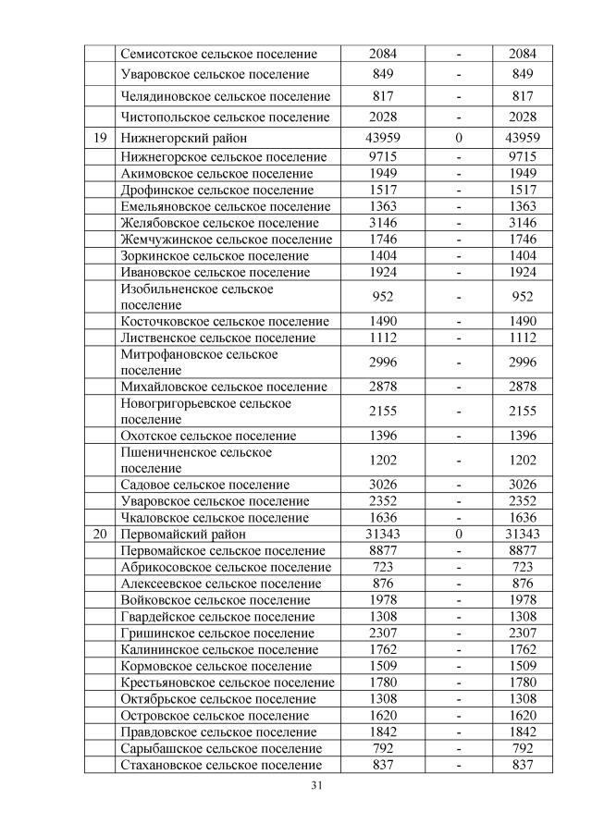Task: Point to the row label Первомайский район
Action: click(x=183, y=535)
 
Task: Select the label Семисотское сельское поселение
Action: click(x=219, y=55)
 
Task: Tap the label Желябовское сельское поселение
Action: click(x=219, y=223)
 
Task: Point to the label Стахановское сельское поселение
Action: click(x=222, y=765)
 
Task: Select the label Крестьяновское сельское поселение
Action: click(x=228, y=682)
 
